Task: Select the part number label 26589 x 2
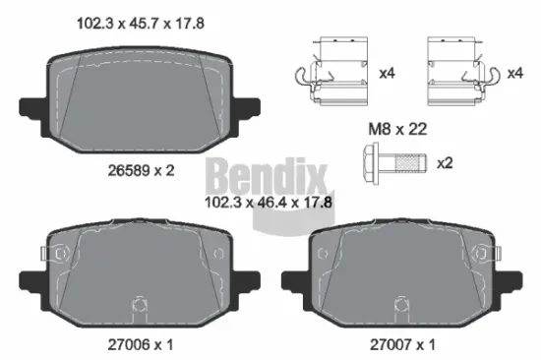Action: click(142, 170)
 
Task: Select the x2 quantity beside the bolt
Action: click(444, 161)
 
